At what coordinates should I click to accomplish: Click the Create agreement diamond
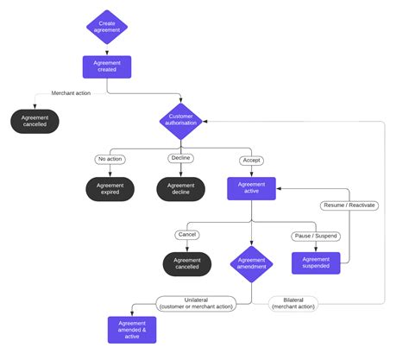tap(107, 26)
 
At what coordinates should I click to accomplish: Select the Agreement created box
tap(107, 67)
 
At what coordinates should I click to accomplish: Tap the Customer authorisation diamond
tap(180, 120)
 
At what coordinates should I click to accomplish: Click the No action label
tap(110, 160)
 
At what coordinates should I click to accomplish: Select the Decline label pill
tap(180, 160)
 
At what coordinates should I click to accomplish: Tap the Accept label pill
tap(251, 160)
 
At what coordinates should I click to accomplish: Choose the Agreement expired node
tap(110, 188)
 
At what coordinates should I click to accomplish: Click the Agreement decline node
tap(180, 188)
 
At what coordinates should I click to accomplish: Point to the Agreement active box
tap(251, 188)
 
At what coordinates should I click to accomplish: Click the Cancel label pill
tap(186, 235)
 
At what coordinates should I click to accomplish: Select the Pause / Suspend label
tap(315, 235)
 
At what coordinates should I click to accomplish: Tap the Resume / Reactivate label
tap(349, 205)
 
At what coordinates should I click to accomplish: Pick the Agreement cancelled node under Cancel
tap(186, 263)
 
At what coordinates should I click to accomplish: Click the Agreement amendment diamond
tap(251, 263)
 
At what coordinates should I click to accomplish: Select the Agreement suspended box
tap(315, 263)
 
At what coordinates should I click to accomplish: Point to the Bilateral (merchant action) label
tap(293, 304)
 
